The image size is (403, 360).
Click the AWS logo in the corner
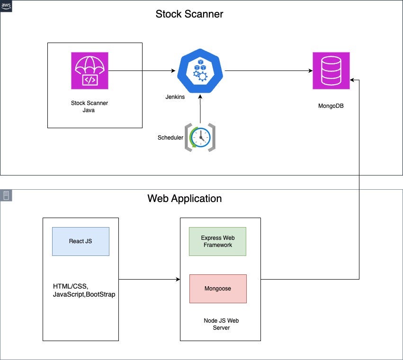pos(6,6)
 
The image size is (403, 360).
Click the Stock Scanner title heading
pos(189,14)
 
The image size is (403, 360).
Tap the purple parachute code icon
pos(90,70)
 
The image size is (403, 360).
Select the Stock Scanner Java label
pos(89,106)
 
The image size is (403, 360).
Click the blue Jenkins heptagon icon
pos(200,70)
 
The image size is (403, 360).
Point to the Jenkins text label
pos(175,97)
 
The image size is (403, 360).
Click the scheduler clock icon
pos(200,137)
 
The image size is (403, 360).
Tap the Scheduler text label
pos(170,138)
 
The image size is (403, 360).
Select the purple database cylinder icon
pos(331,70)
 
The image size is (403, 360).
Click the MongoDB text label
pos(331,106)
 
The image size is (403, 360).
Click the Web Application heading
pos(185,199)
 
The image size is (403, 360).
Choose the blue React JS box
pos(81,241)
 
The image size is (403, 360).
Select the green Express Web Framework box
pos(217,241)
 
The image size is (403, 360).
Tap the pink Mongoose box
pos(218,289)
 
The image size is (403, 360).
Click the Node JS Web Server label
pos(221,324)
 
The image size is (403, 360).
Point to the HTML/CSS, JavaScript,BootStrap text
pos(84,290)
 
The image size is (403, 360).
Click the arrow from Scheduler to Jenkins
pos(200,109)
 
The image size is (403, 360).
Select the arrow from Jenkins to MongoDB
pos(269,70)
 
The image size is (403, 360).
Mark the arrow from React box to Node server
pos(149,279)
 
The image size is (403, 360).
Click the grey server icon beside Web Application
pos(6,195)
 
